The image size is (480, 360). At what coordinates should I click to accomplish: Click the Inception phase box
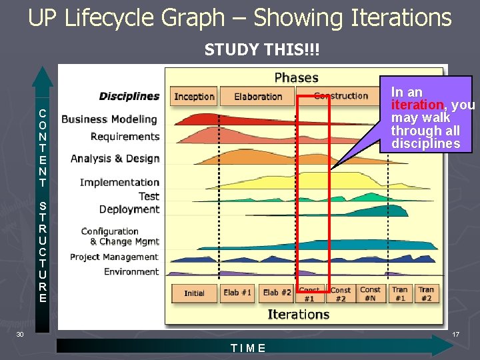[x=194, y=97]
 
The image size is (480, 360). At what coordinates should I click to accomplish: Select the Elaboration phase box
[x=258, y=97]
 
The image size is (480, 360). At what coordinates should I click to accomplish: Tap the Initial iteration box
[x=194, y=293]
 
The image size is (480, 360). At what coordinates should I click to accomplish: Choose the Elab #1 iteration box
[x=237, y=293]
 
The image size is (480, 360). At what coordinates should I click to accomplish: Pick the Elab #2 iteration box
[x=277, y=293]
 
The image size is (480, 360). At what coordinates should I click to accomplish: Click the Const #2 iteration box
[x=340, y=294]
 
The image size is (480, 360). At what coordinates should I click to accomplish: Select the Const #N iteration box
[x=370, y=294]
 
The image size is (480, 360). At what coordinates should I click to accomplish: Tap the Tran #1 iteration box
[x=399, y=294]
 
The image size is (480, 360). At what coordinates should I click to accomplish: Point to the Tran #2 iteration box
[x=427, y=294]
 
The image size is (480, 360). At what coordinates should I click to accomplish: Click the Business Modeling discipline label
[x=109, y=119]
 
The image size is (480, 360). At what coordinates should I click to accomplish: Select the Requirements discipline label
[x=125, y=137]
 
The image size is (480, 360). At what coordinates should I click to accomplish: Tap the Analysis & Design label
[x=115, y=159]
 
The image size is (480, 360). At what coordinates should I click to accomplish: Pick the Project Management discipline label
[x=114, y=257]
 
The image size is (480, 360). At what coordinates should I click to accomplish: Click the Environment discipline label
[x=131, y=272]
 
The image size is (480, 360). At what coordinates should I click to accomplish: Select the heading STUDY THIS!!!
[x=253, y=50]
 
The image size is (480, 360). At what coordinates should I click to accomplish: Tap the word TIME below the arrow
[x=248, y=348]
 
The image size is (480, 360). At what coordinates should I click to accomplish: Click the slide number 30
[x=21, y=334]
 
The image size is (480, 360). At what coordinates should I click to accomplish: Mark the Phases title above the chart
[x=296, y=77]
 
